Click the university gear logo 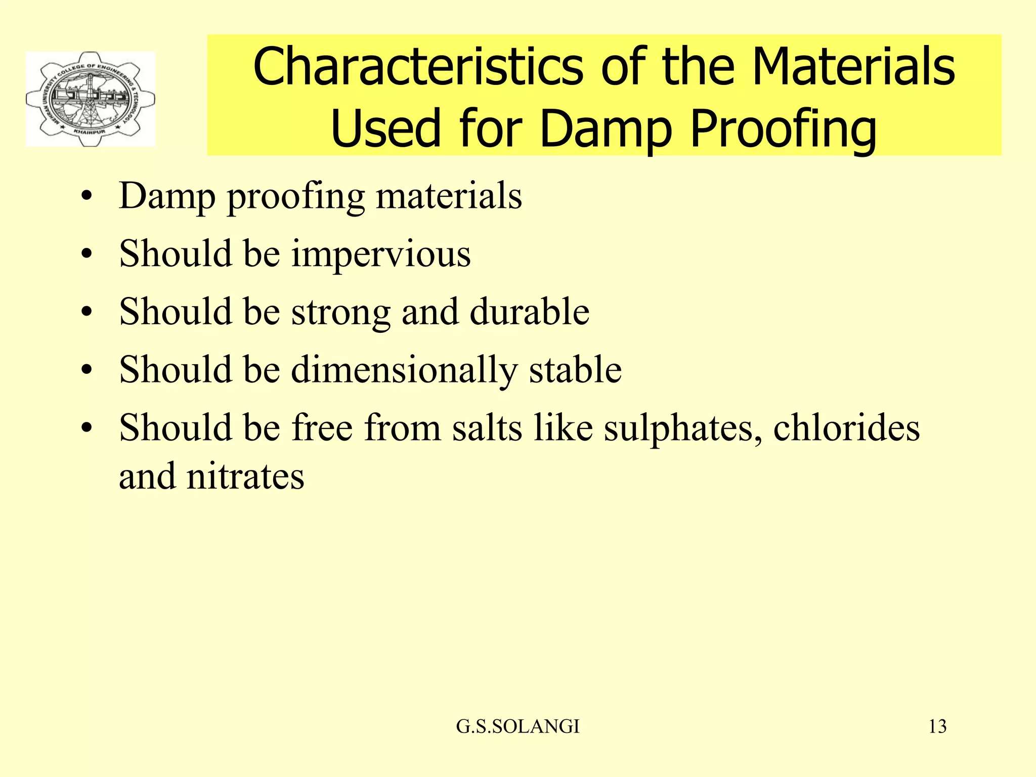[x=91, y=99]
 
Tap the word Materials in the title [x=853, y=67]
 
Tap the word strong [x=341, y=312]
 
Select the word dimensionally [x=404, y=370]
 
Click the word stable [x=575, y=369]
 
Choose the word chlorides [x=846, y=427]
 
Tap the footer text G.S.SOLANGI [x=517, y=726]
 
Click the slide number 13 [x=937, y=726]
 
